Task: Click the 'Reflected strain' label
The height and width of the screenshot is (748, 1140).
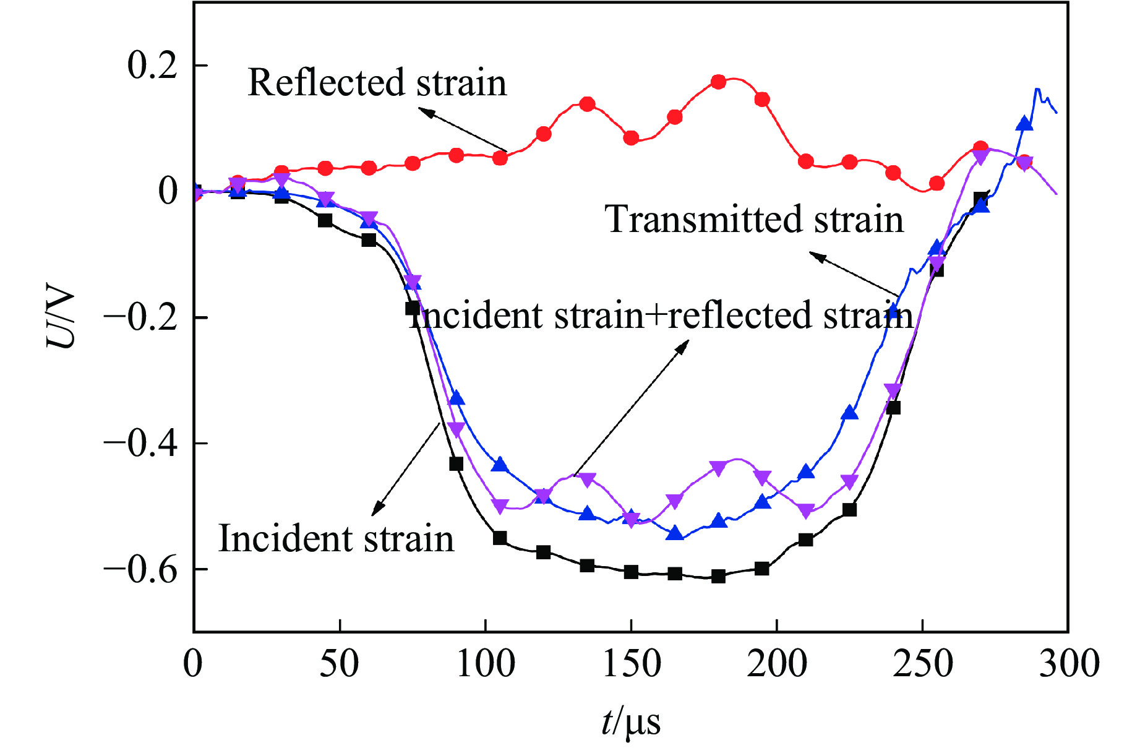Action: point(377,82)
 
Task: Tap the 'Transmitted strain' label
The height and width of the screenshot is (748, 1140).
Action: point(754,219)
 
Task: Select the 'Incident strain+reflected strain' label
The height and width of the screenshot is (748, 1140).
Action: point(661,315)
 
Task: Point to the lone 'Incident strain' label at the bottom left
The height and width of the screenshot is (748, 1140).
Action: point(336,538)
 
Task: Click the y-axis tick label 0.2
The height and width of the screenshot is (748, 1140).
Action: point(152,65)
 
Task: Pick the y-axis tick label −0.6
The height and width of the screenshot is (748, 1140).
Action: point(140,569)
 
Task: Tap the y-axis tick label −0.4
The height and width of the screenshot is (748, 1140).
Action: point(140,443)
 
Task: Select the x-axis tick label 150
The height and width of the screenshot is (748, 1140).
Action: point(631,664)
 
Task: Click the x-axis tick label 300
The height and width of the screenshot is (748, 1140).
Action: point(1068,664)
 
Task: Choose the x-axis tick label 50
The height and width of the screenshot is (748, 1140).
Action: point(340,664)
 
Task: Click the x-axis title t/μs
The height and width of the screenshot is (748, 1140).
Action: point(631,721)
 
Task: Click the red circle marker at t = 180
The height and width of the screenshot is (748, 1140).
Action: point(718,82)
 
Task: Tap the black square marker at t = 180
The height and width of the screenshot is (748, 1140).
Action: point(718,577)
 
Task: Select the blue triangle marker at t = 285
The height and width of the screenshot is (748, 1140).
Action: point(1024,124)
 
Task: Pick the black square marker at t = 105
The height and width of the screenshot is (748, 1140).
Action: point(500,538)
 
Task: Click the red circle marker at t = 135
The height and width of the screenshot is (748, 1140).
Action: point(587,104)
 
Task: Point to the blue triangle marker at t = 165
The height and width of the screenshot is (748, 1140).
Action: point(675,533)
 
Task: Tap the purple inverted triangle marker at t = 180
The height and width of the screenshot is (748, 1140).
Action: point(718,468)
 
